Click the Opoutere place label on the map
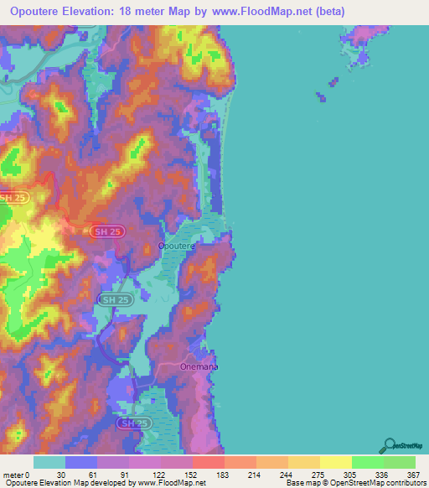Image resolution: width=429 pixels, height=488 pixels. click(x=177, y=247)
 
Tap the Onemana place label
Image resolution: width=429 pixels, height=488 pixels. click(x=199, y=367)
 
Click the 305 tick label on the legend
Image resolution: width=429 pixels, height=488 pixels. click(x=351, y=475)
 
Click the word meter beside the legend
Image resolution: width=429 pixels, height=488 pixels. click(x=13, y=475)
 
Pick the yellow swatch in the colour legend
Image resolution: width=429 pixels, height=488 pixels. click(x=336, y=463)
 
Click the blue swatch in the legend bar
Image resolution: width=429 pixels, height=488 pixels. click(x=81, y=463)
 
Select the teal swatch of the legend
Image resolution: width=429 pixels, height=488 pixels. click(x=49, y=463)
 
